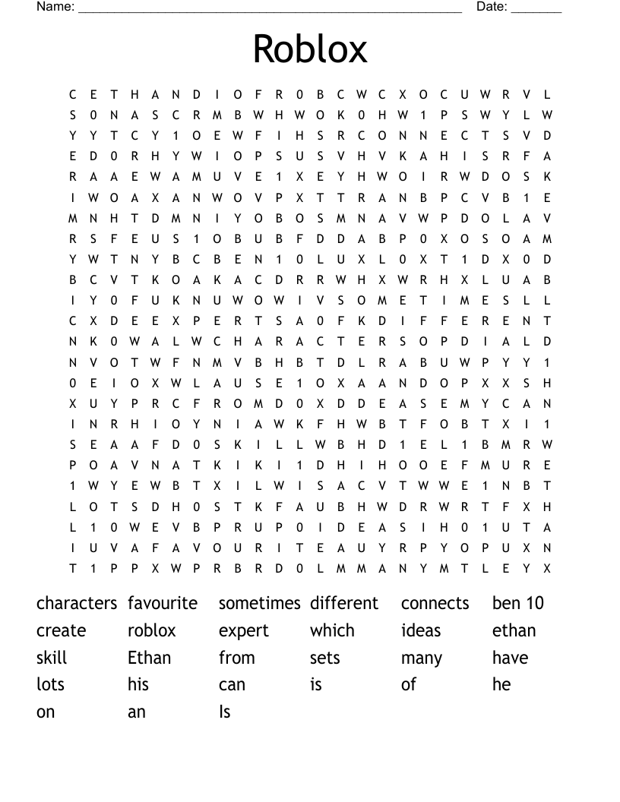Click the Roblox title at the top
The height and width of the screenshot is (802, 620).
coord(310,49)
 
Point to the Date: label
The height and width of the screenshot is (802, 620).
coord(492,7)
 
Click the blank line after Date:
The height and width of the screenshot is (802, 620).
coord(536,9)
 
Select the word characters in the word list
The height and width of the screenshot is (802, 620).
coord(77,603)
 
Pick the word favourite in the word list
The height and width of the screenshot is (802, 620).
coord(163,603)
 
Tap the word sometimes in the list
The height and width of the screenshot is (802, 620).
coord(260,603)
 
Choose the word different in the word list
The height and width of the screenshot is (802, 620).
coord(344,603)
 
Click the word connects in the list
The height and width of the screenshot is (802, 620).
coord(435,603)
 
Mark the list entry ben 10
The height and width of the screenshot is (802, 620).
coord(518,603)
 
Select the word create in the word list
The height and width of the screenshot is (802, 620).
coord(62,630)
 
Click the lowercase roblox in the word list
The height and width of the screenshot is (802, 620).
coord(152,630)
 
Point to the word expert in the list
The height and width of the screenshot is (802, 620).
coord(244,631)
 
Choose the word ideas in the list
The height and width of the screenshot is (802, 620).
coord(421,630)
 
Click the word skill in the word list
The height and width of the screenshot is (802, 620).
coord(52,658)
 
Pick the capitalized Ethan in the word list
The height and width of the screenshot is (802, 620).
coord(150,658)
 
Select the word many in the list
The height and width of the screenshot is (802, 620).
coord(422,658)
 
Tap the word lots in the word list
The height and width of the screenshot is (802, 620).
coord(50,684)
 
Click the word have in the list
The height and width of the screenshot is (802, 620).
coord(510,658)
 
